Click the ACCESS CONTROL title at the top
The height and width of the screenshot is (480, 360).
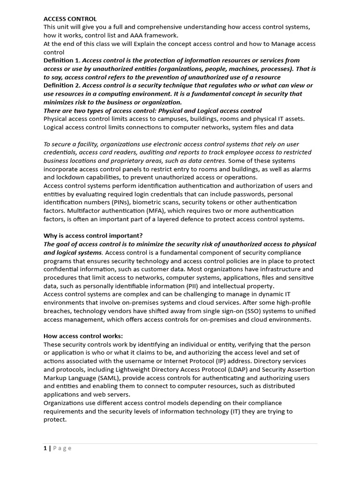click(70, 19)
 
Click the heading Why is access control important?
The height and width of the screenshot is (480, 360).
click(93, 236)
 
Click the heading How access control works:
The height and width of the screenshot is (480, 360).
click(83, 336)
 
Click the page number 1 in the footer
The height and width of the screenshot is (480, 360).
click(45, 449)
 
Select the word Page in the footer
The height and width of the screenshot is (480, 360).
click(62, 449)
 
